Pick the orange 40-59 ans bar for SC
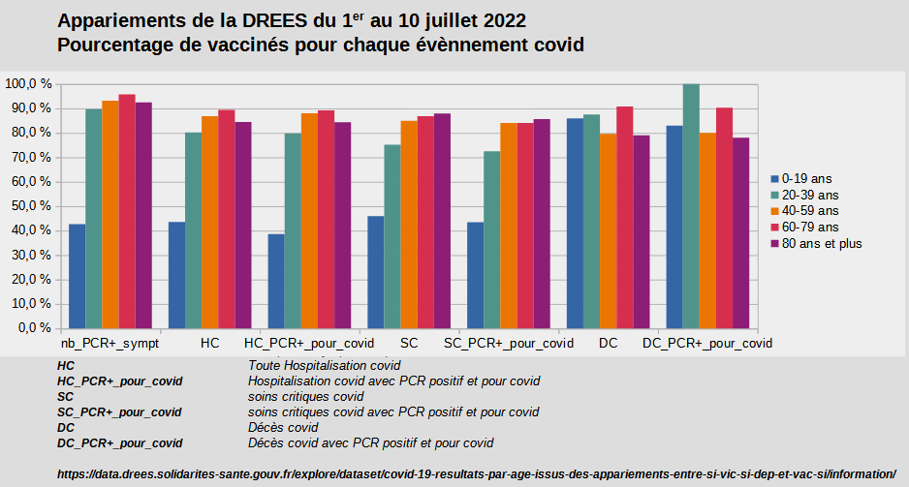tap(409, 224)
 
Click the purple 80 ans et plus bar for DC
tap(642, 231)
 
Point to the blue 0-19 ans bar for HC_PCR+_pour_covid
tap(276, 281)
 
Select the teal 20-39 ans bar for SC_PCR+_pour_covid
tap(492, 239)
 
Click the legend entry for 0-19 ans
tap(808, 178)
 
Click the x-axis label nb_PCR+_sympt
tap(110, 344)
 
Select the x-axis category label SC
tap(409, 344)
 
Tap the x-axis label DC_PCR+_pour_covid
tap(707, 344)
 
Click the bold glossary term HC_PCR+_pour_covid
tap(120, 381)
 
